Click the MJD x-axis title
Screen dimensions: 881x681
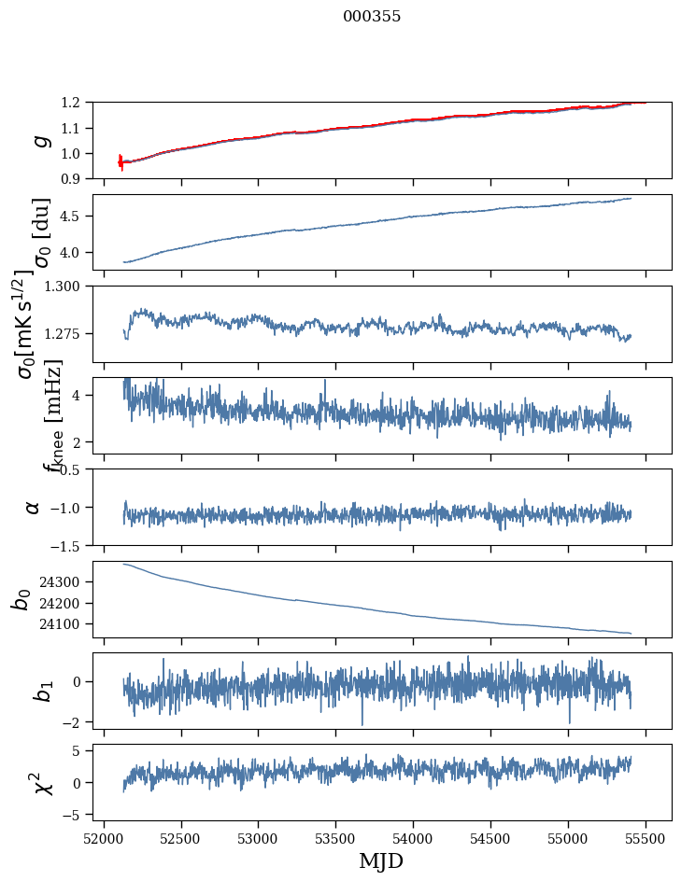[x=381, y=860]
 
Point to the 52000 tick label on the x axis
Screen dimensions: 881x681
[x=104, y=838]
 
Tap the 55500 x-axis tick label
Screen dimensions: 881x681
[x=646, y=838]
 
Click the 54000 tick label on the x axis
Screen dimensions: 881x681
[x=413, y=838]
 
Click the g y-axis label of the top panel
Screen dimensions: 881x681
[x=39, y=140]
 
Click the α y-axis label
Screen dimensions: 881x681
[x=34, y=507]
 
